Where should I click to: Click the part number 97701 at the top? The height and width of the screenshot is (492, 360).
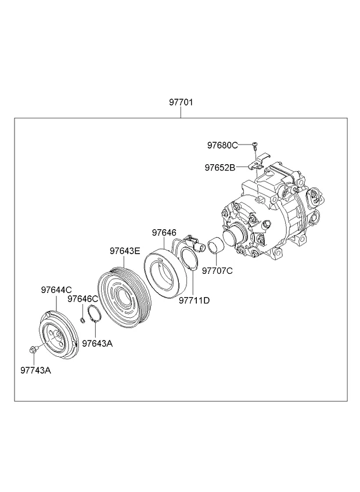click(181, 102)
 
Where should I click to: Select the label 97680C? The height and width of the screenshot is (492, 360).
click(222, 145)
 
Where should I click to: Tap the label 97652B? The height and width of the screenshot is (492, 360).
click(220, 168)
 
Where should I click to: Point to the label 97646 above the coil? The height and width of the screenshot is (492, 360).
click(164, 233)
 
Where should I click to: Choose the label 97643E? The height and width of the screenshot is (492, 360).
click(125, 251)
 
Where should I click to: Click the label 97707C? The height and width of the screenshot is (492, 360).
click(217, 271)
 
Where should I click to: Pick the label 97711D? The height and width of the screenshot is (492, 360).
click(195, 301)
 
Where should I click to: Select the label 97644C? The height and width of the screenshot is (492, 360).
click(56, 290)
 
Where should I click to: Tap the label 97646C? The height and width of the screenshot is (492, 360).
click(83, 299)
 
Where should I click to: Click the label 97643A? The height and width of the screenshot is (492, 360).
click(98, 343)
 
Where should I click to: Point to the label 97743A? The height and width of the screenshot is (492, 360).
click(36, 370)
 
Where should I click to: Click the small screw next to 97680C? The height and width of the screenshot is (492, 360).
click(254, 145)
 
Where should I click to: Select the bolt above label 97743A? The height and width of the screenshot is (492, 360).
click(33, 349)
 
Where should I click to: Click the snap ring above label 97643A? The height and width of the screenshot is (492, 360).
click(94, 314)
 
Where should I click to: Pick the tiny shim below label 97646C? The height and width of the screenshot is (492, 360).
click(82, 320)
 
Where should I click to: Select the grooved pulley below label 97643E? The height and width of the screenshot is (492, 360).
click(125, 297)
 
